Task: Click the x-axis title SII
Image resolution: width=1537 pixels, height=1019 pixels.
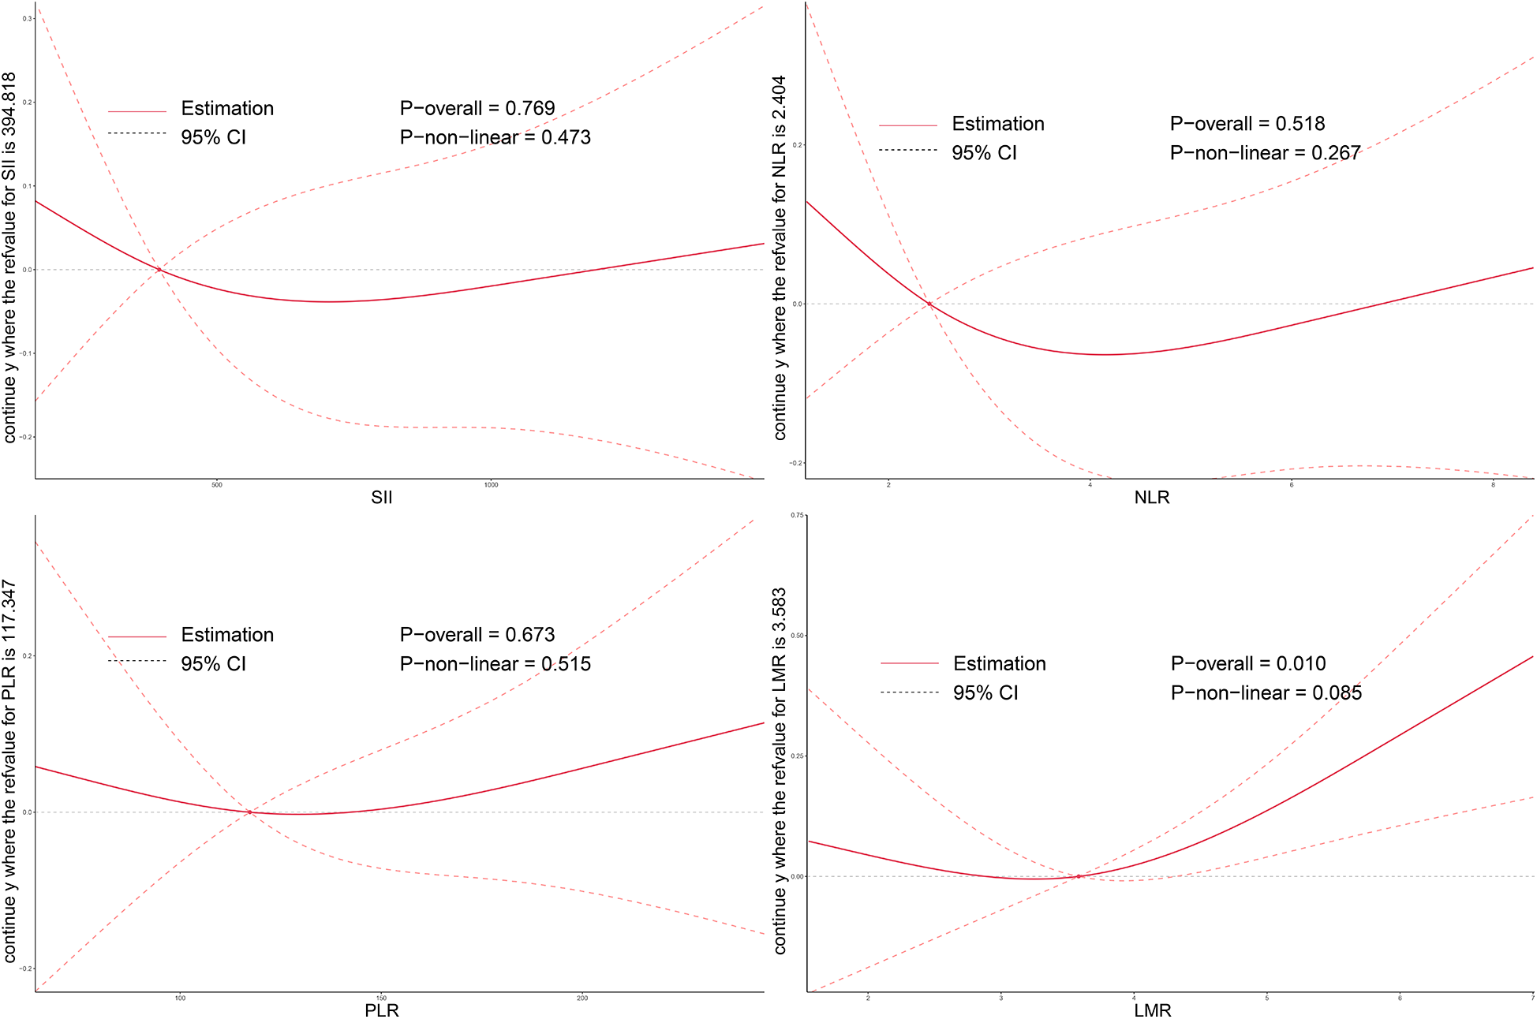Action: coord(381,498)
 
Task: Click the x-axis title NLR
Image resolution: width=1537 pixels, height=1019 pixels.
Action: coord(1152,498)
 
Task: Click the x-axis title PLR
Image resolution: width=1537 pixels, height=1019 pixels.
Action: coord(381,1010)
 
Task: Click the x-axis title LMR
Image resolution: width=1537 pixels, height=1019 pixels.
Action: coord(1152,1010)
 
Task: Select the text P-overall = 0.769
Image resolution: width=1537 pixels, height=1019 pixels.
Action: coord(477,108)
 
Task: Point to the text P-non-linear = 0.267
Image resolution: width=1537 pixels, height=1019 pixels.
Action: coord(1265,153)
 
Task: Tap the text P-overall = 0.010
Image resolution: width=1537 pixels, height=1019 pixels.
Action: coord(1247,663)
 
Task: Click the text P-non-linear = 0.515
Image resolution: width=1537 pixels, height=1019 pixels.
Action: coord(495,664)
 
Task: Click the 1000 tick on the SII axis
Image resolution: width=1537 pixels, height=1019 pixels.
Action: coord(491,484)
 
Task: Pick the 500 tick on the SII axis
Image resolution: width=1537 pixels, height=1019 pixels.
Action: coord(217,484)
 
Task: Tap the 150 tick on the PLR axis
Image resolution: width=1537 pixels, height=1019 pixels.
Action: coord(381,998)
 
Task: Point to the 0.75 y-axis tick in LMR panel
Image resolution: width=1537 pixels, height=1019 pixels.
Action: coord(798,515)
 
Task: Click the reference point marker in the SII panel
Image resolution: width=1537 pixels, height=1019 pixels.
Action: coord(159,270)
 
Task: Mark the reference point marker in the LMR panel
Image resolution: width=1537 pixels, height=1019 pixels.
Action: coord(1079,876)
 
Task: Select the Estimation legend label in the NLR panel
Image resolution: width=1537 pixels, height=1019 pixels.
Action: coord(997,124)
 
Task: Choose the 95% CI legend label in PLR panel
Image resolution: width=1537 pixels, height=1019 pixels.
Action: coord(213,664)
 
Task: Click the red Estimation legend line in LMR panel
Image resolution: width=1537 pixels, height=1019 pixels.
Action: coord(909,663)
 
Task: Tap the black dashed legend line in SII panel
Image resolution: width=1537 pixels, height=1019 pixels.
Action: coord(136,133)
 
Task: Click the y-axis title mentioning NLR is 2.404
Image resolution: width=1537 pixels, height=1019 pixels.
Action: coord(780,257)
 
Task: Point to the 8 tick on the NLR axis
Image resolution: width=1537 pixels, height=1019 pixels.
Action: coord(1493,484)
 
